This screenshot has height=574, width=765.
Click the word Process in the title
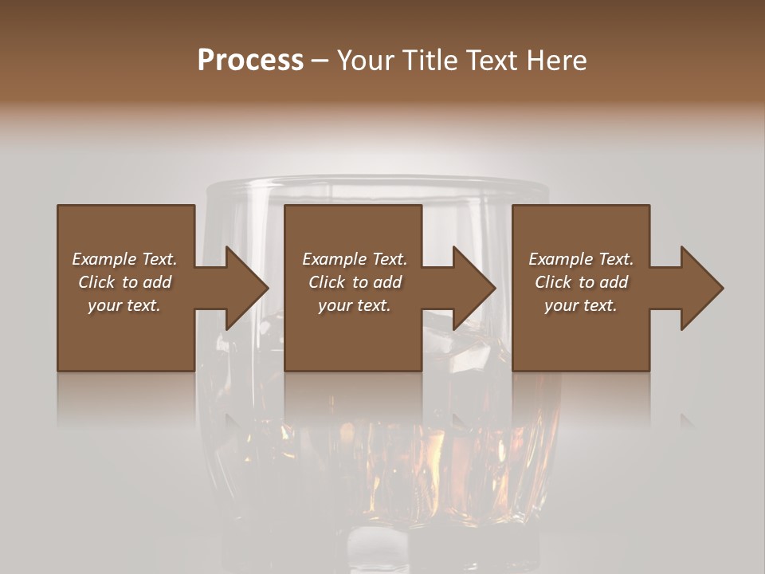click(x=250, y=61)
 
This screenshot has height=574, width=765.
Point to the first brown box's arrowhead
click(x=247, y=288)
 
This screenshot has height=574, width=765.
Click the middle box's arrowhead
click(x=475, y=288)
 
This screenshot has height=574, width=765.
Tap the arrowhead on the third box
click(x=702, y=288)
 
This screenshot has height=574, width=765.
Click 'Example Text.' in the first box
click(x=124, y=259)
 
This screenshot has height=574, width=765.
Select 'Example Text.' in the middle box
click(x=355, y=259)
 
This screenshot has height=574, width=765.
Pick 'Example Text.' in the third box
click(x=581, y=259)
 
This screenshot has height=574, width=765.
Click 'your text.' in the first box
click(x=124, y=305)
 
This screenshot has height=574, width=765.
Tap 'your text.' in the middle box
click(x=355, y=305)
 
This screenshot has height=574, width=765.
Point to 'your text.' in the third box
click(x=581, y=305)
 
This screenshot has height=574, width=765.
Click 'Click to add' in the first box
click(x=124, y=282)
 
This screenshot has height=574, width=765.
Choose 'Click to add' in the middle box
click(x=355, y=282)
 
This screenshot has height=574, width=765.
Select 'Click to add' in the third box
click(x=581, y=282)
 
